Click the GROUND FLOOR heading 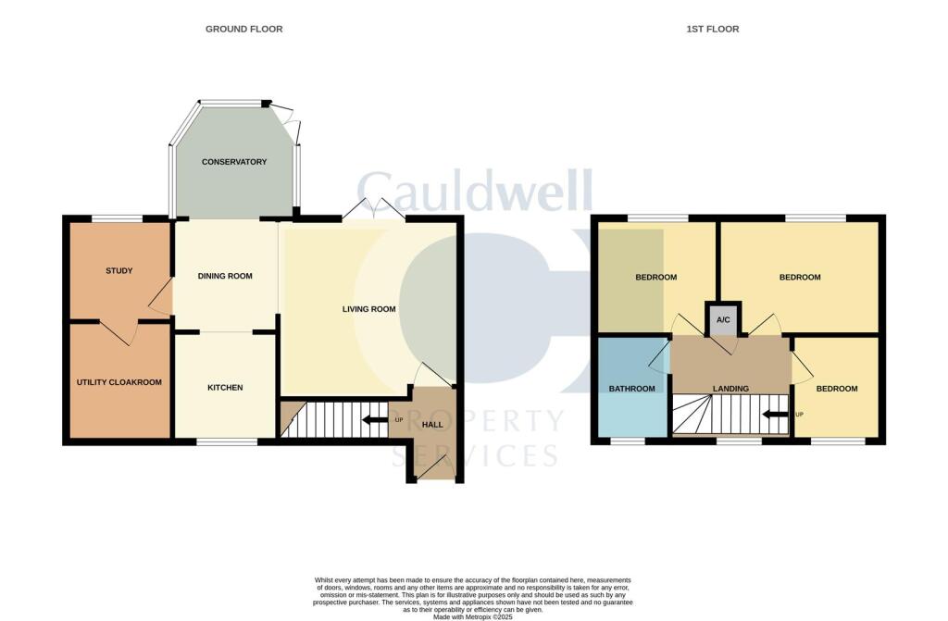click(243, 30)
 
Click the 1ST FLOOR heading click(712, 30)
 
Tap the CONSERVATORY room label click(234, 162)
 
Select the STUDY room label click(118, 271)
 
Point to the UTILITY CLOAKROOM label click(118, 382)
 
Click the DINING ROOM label click(226, 276)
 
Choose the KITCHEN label click(225, 388)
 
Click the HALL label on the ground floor click(432, 425)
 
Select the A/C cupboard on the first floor click(722, 319)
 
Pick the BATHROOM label click(631, 389)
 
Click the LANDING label click(730, 389)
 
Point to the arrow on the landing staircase click(775, 414)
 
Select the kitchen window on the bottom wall click(227, 442)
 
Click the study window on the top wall click(118, 218)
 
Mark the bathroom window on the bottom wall click(628, 442)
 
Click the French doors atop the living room click(373, 211)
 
